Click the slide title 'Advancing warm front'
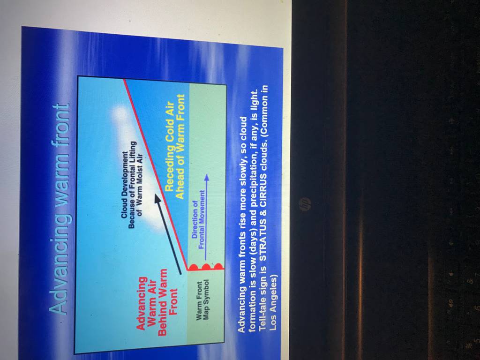[x=60, y=210]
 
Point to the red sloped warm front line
[x=155, y=175]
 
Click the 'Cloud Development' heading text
[x=124, y=185]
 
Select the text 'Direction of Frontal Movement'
[x=198, y=220]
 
